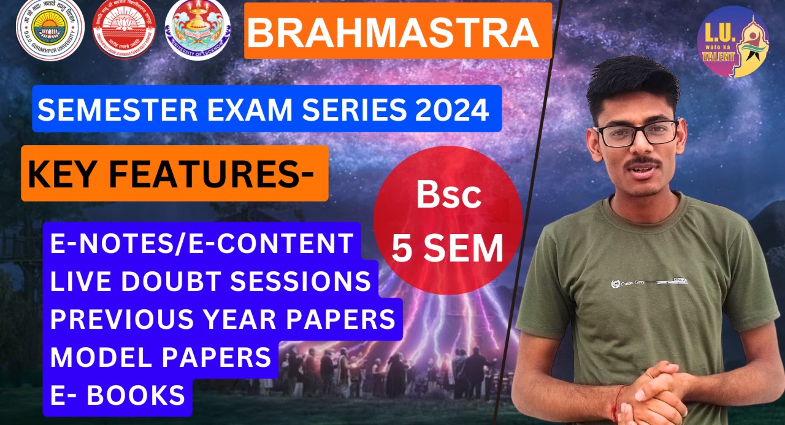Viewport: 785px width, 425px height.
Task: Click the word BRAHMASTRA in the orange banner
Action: pos(392,34)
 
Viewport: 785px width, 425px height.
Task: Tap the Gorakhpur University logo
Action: pos(50,30)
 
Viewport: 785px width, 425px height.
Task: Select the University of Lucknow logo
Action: pos(197,30)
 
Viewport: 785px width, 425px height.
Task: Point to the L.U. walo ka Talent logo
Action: pos(732,42)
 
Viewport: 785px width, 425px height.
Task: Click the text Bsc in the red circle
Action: pos(448,195)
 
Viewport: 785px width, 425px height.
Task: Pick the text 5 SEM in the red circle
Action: pos(448,248)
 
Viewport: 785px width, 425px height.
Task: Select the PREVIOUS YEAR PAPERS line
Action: pos(222,319)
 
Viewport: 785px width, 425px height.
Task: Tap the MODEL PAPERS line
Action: pos(161,357)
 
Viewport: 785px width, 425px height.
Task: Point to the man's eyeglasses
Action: pos(636,133)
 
